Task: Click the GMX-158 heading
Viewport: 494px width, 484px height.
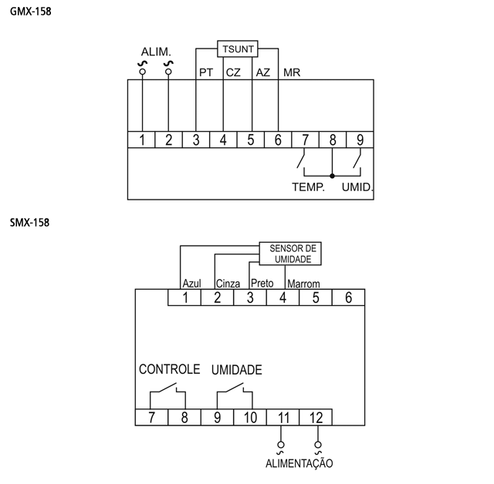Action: click(31, 12)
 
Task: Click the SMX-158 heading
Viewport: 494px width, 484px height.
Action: click(29, 223)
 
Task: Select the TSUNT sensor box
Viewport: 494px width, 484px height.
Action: click(238, 49)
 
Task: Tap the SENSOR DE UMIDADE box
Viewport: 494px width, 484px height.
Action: click(290, 254)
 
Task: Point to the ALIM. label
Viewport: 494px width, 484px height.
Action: click(156, 52)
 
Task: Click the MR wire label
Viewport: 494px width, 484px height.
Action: click(292, 72)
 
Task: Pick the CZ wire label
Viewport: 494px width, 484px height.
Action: click(233, 72)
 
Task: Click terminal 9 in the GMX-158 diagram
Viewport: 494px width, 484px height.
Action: click(360, 139)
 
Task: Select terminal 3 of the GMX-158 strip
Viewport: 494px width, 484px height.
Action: click(196, 139)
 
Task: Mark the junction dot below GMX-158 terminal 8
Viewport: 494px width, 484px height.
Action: click(332, 176)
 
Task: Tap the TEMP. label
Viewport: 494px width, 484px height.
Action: click(308, 187)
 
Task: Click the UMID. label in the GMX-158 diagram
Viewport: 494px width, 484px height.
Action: click(357, 187)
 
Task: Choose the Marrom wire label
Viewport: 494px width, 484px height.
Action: click(303, 284)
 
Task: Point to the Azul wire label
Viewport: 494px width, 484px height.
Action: click(191, 284)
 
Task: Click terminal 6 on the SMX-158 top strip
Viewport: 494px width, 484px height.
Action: click(348, 297)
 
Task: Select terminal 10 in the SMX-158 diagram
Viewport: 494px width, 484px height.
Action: click(250, 418)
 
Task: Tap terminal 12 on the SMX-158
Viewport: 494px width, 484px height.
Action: click(316, 418)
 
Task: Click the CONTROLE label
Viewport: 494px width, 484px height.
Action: click(170, 369)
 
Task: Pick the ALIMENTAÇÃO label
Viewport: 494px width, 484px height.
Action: click(299, 463)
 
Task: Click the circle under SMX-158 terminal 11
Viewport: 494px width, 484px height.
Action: click(281, 445)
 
